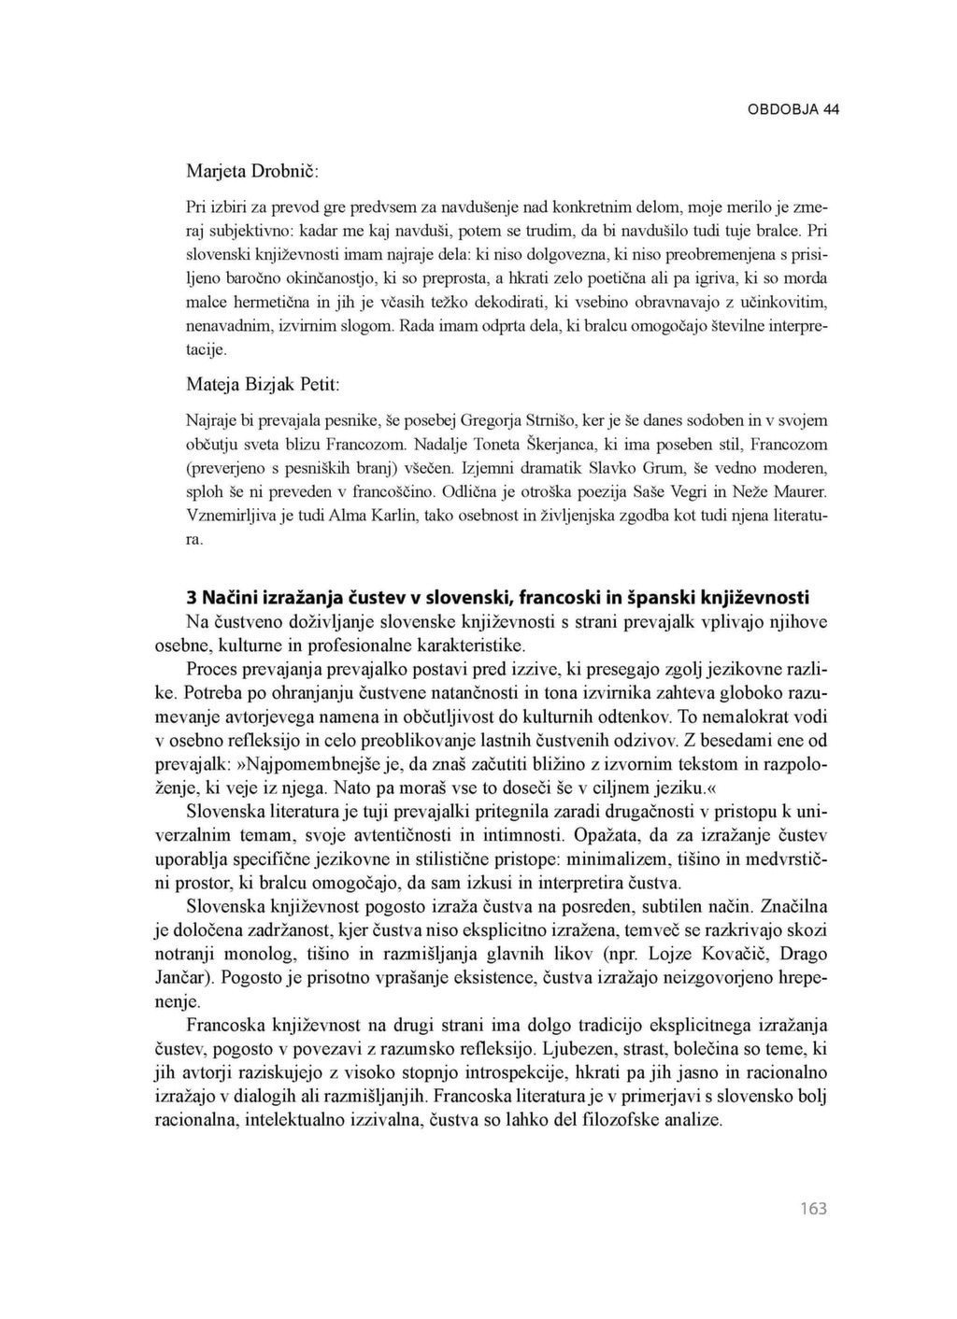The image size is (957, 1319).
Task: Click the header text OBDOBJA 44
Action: click(793, 109)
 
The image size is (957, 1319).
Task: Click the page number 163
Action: click(813, 1209)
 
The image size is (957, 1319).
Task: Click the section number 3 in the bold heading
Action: click(192, 597)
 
